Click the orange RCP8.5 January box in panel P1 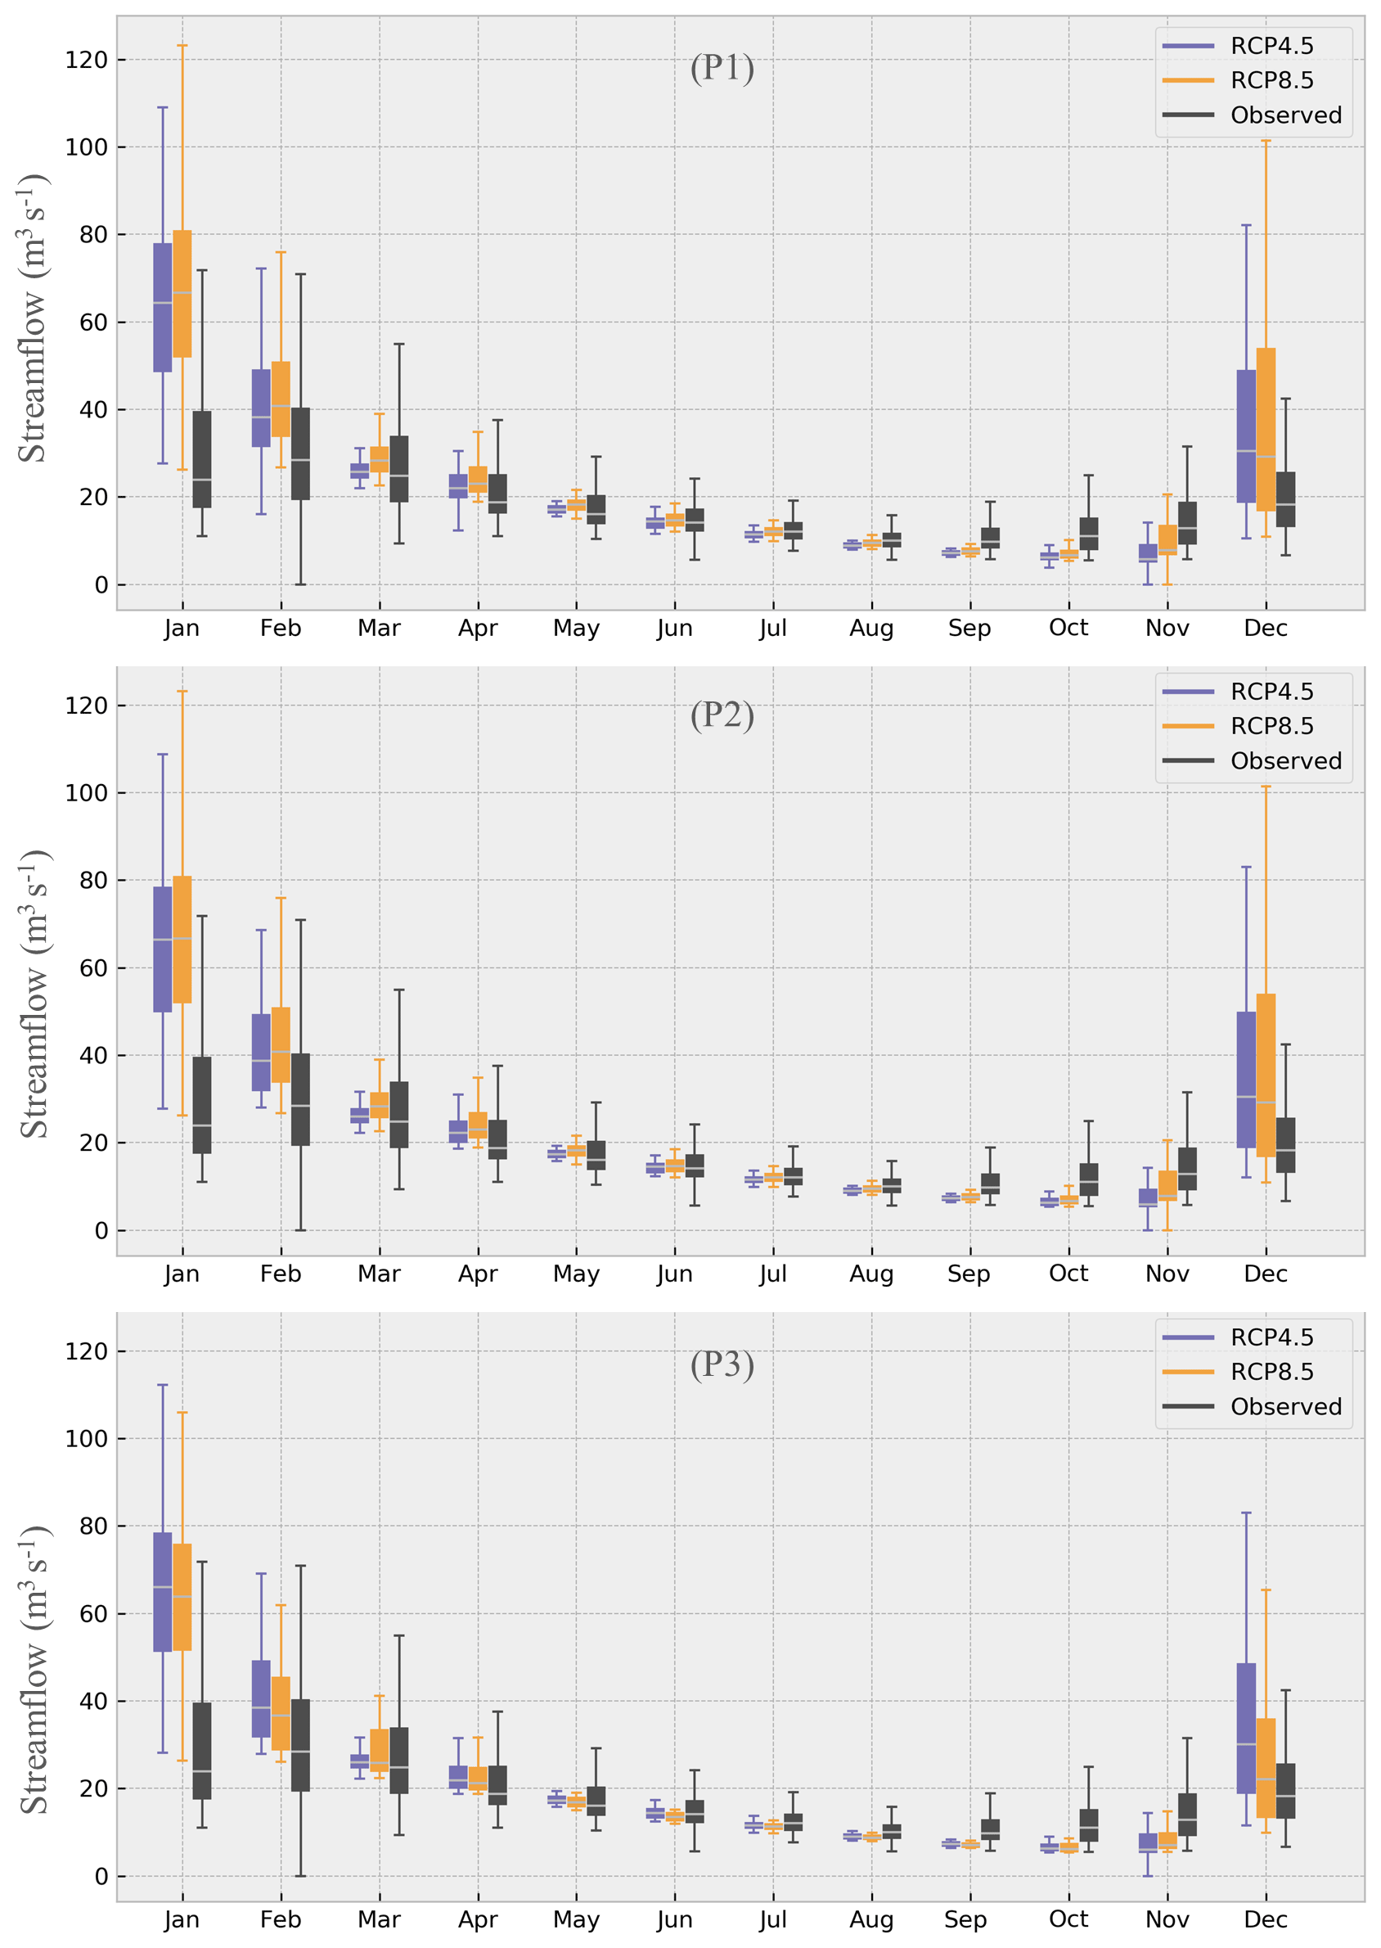[x=182, y=294]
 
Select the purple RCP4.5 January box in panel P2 [x=163, y=949]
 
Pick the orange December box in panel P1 [x=1266, y=429]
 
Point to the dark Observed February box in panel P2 [x=300, y=1099]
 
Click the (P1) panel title [x=722, y=68]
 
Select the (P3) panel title [x=722, y=1364]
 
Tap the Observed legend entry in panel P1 [x=1285, y=115]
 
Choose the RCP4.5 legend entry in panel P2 [x=1271, y=692]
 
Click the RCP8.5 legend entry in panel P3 [x=1271, y=1372]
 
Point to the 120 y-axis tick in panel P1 [x=87, y=60]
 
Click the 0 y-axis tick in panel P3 [x=101, y=1876]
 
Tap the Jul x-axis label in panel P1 [x=773, y=629]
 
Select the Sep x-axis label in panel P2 [x=969, y=1274]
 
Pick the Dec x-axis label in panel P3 [x=1266, y=1920]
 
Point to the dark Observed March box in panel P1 [x=398, y=469]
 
